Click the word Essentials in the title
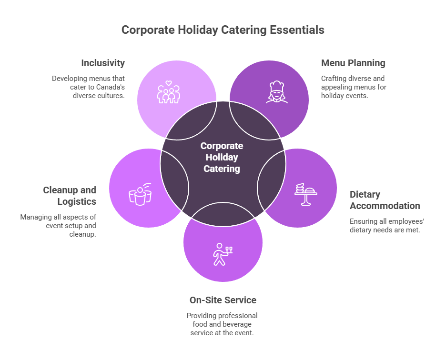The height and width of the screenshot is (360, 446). (297, 30)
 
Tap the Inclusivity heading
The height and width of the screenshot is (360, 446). (103, 63)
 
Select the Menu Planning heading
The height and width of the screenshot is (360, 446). (353, 63)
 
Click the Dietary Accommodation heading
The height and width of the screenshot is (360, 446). (385, 200)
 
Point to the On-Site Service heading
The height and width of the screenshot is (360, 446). (223, 300)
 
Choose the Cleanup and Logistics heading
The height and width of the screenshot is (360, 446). (70, 196)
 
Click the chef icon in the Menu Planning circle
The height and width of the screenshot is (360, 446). (277, 92)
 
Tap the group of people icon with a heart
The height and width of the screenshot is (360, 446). (168, 92)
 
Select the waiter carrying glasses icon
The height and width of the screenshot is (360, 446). (222, 254)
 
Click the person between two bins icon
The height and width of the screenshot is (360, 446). (140, 194)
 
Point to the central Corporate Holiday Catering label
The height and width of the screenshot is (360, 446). (222, 157)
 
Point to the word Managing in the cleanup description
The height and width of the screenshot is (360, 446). (35, 217)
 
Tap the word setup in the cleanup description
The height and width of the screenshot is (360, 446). (75, 226)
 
